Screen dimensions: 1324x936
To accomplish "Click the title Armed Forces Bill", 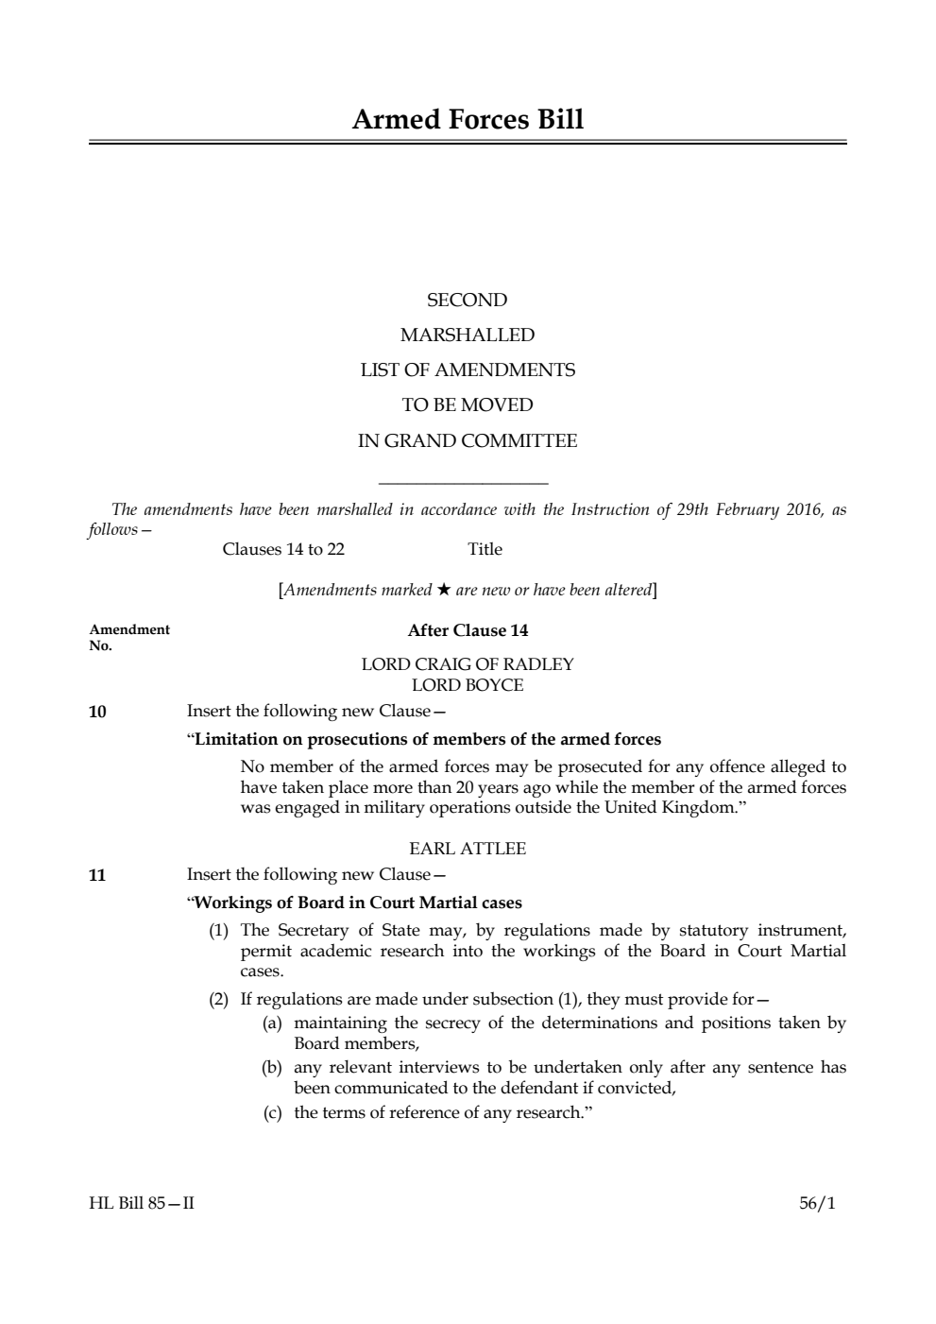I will pyautogui.click(x=468, y=120).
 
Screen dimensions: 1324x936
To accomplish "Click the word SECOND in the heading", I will pyautogui.click(x=467, y=301).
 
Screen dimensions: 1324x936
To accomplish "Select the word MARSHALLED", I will pyautogui.click(x=467, y=335).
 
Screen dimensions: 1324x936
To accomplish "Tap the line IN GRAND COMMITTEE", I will pyautogui.click(x=467, y=441).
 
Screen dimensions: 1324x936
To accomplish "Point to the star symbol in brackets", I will pyautogui.click(x=443, y=590).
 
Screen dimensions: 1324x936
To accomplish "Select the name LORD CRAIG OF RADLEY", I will pyautogui.click(x=467, y=664).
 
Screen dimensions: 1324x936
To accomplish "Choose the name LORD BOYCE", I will pyautogui.click(x=467, y=685).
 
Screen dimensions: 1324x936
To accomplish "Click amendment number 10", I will pyautogui.click(x=97, y=712).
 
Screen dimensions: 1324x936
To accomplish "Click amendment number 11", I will pyautogui.click(x=97, y=875).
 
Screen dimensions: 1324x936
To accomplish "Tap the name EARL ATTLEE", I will pyautogui.click(x=467, y=849).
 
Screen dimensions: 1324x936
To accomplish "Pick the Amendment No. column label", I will pyautogui.click(x=128, y=637).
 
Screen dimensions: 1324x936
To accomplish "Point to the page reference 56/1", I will pyautogui.click(x=817, y=1204).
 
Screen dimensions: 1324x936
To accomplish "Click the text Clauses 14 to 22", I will pyautogui.click(x=283, y=549).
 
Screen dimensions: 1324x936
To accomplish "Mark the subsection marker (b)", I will pyautogui.click(x=272, y=1068).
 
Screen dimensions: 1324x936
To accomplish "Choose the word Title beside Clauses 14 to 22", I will pyautogui.click(x=485, y=549).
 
